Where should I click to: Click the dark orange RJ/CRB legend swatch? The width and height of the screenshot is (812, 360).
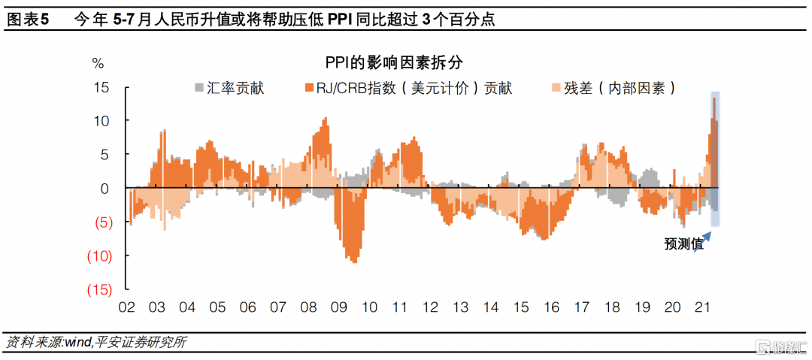pos(308,88)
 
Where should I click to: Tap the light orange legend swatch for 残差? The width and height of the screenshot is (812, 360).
pos(557,88)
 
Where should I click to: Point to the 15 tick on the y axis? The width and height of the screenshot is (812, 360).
pos(101,87)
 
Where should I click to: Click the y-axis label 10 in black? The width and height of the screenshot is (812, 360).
pos(101,121)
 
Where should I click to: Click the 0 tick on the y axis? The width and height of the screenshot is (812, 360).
pos(106,189)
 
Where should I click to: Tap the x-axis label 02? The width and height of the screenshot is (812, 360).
pos(126,307)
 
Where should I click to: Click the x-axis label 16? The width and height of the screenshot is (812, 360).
pos(552,307)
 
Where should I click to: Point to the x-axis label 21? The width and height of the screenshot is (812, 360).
pos(703,307)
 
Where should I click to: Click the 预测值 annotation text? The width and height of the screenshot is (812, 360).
pos(683,244)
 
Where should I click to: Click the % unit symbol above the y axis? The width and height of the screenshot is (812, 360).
pos(98,62)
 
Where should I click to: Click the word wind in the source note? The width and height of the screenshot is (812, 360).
pos(77,343)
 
